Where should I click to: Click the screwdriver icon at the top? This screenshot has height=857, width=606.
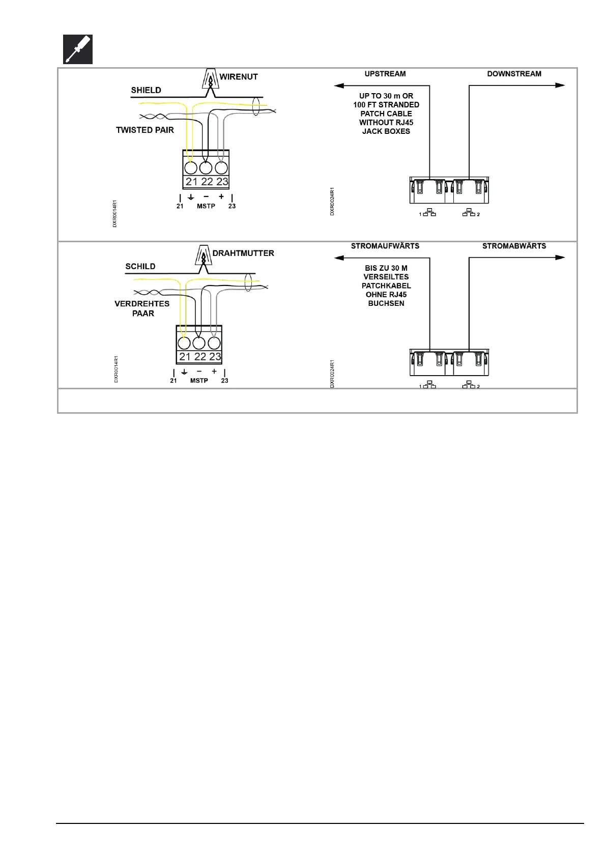point(78,49)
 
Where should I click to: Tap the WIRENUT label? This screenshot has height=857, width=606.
point(238,77)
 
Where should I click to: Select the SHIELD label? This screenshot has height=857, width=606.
point(146,90)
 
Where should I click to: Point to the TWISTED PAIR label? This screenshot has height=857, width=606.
point(145,130)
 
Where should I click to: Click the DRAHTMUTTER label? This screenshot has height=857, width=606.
point(243,253)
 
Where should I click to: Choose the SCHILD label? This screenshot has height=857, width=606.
point(140,266)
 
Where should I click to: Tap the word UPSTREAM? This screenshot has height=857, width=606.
point(385,74)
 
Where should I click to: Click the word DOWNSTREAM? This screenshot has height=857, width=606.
point(514,74)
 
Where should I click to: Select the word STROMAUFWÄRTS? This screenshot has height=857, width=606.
point(385,246)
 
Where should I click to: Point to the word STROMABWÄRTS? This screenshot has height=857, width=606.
point(514,246)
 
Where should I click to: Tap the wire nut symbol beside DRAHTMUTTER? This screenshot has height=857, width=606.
point(204,256)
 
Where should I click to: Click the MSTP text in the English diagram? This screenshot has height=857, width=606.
point(206,206)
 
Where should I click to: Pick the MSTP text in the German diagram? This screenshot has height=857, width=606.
point(199,381)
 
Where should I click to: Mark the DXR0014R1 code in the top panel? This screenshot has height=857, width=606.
point(114,214)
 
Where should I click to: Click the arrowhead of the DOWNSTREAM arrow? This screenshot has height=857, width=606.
point(560,85)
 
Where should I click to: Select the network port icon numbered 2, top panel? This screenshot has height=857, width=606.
point(469,213)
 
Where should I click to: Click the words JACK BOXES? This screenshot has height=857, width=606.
point(386,131)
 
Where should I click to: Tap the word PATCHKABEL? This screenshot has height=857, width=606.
point(386,285)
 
